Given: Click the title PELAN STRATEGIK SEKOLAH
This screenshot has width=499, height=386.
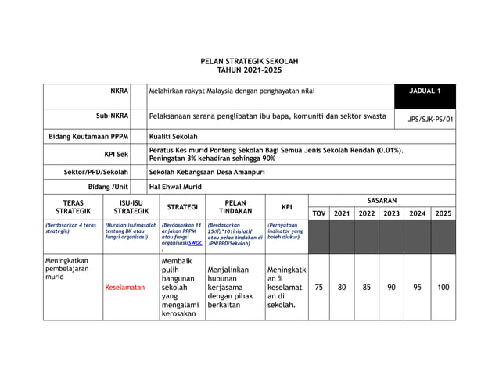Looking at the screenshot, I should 249,61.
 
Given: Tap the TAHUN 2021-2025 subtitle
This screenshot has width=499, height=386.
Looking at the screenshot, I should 249,70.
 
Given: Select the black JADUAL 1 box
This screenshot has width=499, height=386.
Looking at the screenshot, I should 425,92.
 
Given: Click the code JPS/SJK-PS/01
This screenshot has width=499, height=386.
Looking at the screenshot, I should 431,120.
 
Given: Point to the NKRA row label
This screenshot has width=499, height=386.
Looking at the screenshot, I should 119,91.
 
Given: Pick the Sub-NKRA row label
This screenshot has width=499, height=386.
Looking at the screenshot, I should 112,116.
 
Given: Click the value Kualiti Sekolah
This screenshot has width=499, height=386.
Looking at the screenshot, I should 173,136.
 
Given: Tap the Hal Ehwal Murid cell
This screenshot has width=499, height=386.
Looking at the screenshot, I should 177,188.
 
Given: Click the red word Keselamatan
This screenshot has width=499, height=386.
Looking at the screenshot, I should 125,288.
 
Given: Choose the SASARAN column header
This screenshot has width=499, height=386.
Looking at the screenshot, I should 382,201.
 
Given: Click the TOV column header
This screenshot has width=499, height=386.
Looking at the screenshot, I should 318,213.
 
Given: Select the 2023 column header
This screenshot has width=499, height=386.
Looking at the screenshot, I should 391,213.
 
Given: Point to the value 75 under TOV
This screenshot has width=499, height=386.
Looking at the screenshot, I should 318,287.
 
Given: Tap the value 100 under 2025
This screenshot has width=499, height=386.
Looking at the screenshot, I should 443,287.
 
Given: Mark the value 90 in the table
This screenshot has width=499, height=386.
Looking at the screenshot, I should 391,287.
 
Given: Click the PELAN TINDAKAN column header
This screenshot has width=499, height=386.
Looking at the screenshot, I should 235,207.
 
